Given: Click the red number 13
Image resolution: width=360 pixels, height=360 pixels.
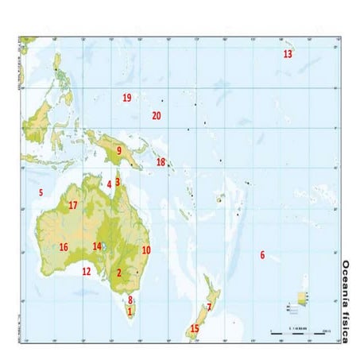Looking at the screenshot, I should pos(288,54).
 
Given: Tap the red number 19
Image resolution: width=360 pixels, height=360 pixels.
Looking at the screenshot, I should pos(126,98).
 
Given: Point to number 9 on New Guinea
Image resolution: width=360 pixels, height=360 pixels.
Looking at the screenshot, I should pos(119,149).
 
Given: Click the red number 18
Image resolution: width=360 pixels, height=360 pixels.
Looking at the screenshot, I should pos(161,162).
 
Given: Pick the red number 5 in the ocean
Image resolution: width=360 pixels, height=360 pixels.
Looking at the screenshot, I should pos(40,192).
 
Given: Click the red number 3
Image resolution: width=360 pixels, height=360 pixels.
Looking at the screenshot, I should pos(118,181).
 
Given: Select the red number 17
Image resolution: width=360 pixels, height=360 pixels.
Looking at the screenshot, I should pos(72,205).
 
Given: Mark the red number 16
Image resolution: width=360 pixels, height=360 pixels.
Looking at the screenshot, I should pos(63,246).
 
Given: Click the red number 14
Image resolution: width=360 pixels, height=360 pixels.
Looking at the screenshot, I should pos(97,246).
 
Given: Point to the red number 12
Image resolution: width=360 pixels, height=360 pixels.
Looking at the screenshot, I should pos(87,271).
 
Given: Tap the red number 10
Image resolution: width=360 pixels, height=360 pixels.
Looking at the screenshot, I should pos(146,250).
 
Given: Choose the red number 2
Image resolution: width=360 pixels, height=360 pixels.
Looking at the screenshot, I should pos(119,273).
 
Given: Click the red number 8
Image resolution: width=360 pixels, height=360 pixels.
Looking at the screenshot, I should pos(130,300).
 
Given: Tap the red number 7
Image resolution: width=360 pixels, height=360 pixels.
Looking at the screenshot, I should pos(209,307).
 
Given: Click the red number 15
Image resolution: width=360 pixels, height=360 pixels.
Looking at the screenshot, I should pos(195,328).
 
